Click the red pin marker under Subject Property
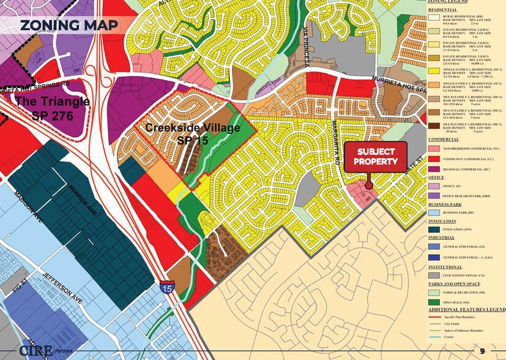369,186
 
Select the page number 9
483,350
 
